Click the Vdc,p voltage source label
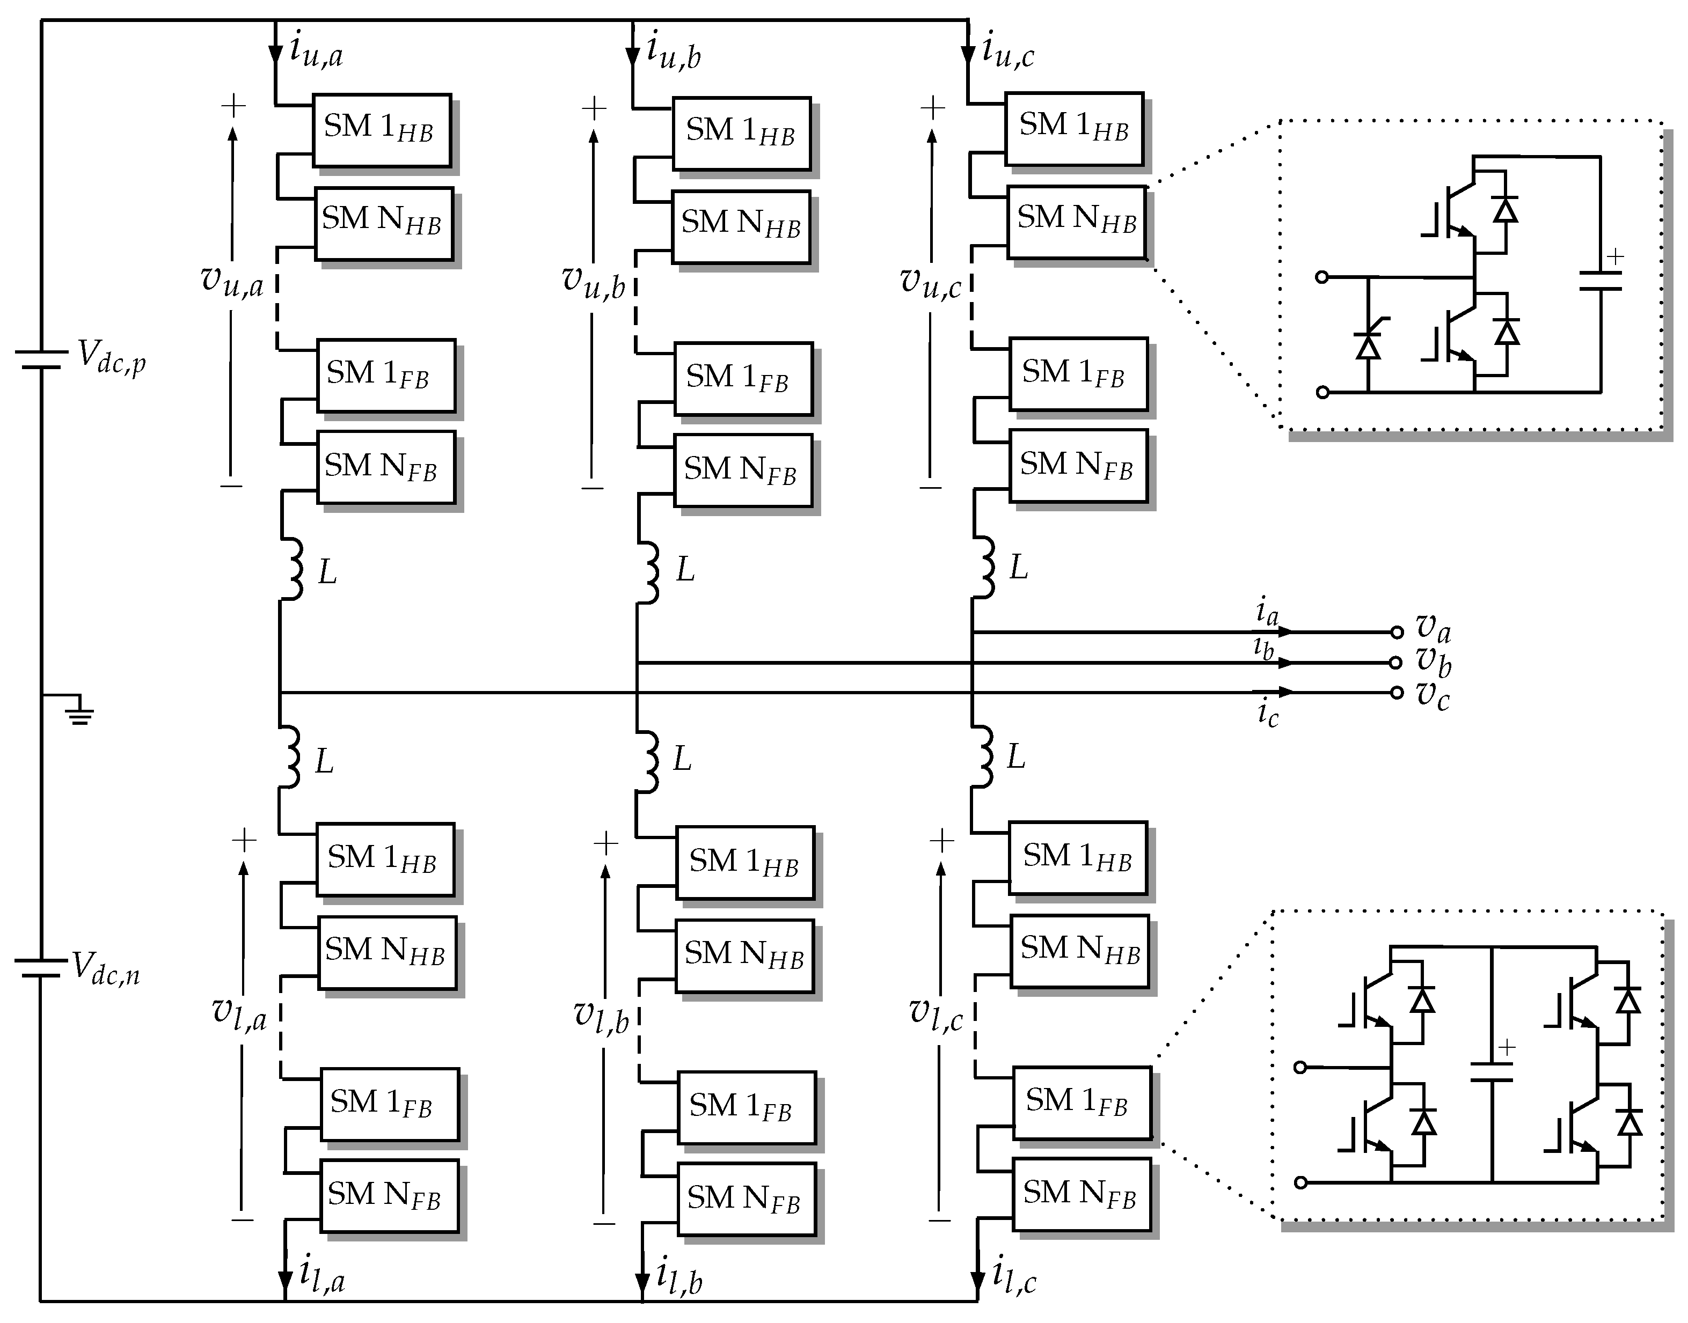tap(111, 358)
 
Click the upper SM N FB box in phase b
tap(742, 470)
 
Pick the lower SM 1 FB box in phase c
tap(1081, 1102)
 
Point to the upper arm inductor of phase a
tap(292, 569)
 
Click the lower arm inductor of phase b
tap(649, 761)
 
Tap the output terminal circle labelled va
tap(1397, 632)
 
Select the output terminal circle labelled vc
tap(1397, 693)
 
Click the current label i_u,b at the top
tap(674, 53)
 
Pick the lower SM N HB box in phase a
tap(387, 953)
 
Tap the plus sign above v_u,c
tap(932, 108)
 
